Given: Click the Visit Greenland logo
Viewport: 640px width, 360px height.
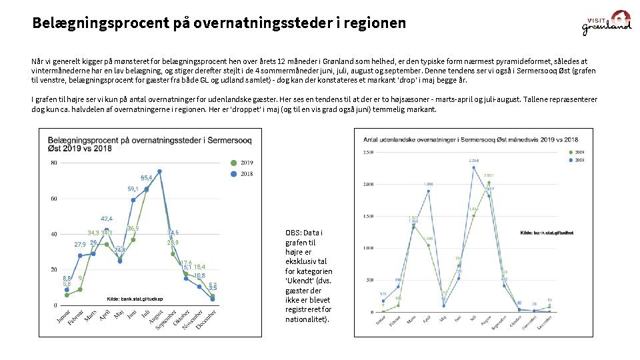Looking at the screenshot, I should [x=607, y=23].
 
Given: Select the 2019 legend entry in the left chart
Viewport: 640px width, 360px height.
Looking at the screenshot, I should [x=241, y=162].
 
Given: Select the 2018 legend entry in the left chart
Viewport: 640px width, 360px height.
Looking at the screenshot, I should [x=241, y=173].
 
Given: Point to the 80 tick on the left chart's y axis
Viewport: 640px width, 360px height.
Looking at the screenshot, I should [x=53, y=163].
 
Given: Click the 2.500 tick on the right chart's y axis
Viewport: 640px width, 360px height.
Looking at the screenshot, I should [x=367, y=153].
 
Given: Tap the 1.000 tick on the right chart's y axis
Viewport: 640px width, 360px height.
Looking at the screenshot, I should [x=367, y=248].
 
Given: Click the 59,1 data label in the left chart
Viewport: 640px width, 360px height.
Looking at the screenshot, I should [x=133, y=189].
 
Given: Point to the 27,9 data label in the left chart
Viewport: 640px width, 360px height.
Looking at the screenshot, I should [x=79, y=244].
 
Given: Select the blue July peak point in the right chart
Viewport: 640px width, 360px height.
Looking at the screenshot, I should [x=473, y=167].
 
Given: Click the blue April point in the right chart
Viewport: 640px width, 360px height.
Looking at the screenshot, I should [x=429, y=191].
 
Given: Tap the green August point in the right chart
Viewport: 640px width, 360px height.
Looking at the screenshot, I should [x=489, y=182].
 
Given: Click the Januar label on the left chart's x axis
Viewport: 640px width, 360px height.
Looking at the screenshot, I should [x=63, y=318].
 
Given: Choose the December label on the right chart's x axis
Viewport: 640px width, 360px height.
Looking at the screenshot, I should [x=545, y=322].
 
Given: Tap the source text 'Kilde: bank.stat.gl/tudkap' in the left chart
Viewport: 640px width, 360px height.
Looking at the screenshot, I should [x=135, y=298].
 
